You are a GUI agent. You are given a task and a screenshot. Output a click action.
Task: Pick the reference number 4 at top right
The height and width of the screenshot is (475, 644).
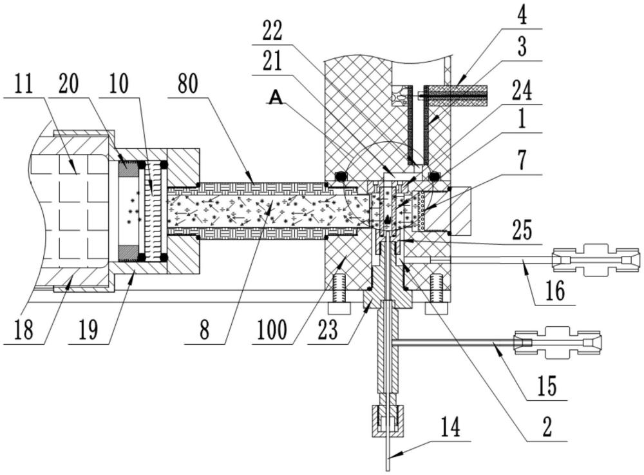click(x=522, y=14)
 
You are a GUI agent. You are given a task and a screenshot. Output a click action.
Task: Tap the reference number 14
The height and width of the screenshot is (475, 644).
click(x=450, y=427)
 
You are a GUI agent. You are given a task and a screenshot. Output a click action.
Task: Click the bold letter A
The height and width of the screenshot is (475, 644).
click(x=276, y=97)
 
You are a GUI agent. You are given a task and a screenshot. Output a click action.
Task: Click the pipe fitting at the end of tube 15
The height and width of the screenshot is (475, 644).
click(x=558, y=342)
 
